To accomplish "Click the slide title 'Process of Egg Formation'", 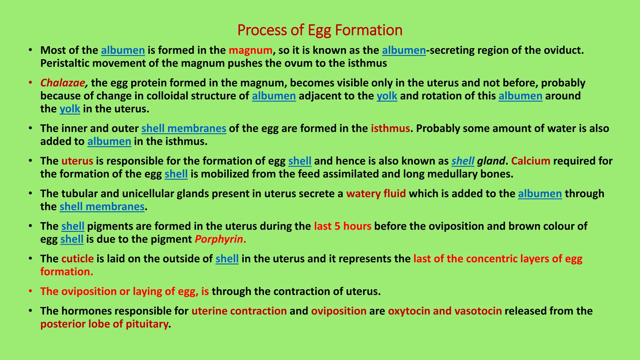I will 320,30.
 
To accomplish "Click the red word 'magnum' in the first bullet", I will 250,50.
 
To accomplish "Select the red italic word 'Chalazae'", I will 63,83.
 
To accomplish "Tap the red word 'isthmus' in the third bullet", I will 390,128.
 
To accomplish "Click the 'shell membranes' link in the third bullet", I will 184,128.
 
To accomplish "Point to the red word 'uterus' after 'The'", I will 77,161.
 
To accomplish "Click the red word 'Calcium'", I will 531,161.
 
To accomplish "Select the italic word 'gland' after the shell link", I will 491,161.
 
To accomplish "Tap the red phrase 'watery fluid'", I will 376,194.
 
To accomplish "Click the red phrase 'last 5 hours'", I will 342,226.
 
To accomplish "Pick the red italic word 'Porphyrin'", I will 219,239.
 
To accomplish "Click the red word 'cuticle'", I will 77,259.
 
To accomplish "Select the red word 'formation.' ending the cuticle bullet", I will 67,272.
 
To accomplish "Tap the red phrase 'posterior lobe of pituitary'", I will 104,324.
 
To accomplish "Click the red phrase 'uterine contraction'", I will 239,311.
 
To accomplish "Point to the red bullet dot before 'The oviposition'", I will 30,291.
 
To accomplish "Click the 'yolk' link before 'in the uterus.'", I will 70,109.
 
